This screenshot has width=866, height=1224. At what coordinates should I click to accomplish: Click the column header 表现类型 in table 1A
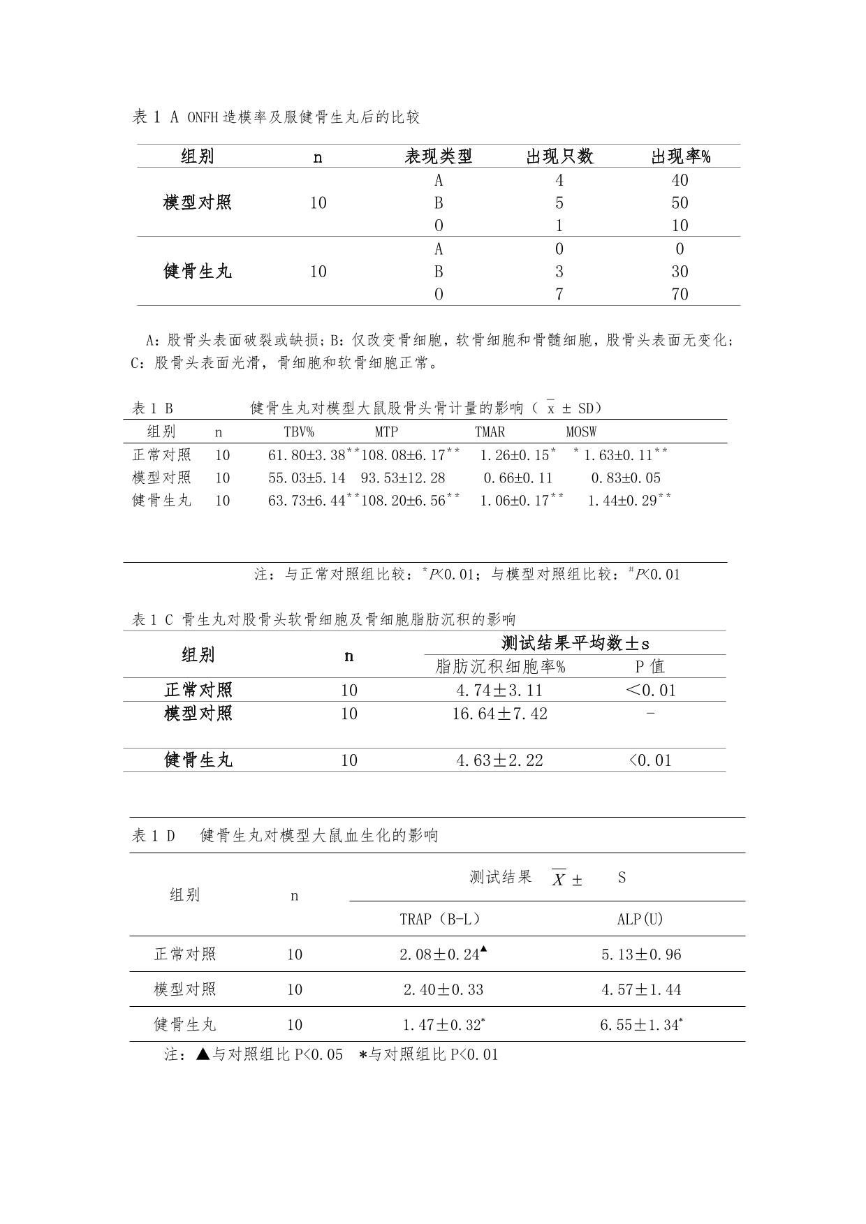click(439, 156)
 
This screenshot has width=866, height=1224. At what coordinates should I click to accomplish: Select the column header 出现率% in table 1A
click(680, 156)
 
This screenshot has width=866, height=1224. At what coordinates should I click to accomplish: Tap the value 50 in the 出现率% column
click(680, 203)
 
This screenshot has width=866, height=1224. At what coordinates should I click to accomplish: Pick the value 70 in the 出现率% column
click(680, 294)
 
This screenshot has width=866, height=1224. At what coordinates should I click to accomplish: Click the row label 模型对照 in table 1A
click(198, 203)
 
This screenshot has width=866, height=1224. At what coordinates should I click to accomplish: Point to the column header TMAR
click(490, 432)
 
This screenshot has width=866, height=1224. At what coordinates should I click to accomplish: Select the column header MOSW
click(581, 432)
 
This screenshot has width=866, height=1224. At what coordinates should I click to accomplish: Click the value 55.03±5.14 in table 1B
click(307, 478)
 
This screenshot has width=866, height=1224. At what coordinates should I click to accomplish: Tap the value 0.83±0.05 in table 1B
click(626, 478)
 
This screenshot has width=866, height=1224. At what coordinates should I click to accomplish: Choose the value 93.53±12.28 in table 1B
click(403, 478)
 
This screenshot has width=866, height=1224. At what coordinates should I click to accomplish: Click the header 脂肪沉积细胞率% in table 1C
click(500, 667)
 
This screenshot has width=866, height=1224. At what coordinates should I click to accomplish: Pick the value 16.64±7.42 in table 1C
click(499, 714)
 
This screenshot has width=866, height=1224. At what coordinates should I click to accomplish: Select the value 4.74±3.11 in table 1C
click(499, 691)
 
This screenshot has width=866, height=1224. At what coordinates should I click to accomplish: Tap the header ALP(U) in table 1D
click(640, 919)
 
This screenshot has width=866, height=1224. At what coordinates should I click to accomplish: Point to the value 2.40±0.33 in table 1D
click(443, 989)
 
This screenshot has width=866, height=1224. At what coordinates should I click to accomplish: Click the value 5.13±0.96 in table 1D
click(641, 954)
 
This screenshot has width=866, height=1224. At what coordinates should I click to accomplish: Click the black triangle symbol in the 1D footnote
click(203, 1054)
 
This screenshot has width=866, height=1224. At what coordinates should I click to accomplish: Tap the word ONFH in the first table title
click(203, 117)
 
